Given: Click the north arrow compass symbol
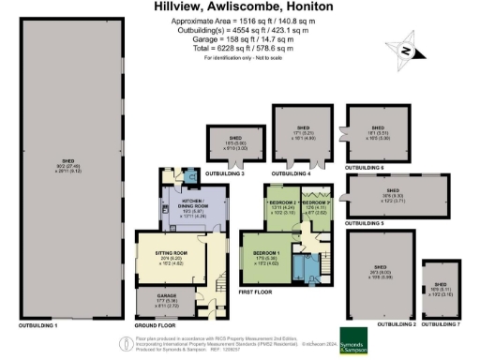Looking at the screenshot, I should pos(405,48).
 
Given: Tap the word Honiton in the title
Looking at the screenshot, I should pos(317,7).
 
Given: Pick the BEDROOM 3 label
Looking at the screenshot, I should pos(319,202).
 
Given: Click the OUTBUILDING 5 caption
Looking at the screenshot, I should pos(366,224).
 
